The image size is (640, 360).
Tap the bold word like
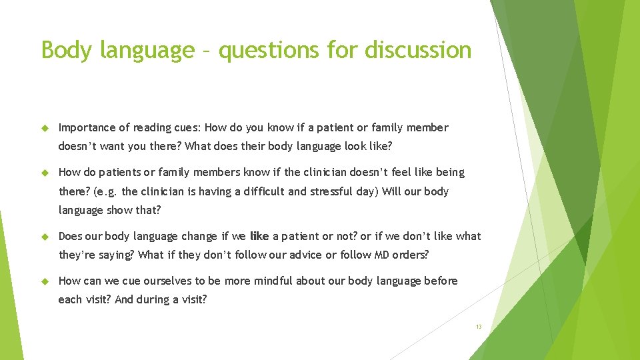(x=259, y=236)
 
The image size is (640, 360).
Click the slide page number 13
(x=479, y=327)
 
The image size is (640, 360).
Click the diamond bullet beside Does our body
(x=46, y=237)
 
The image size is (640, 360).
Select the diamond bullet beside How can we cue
(x=46, y=281)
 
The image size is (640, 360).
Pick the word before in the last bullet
(x=441, y=281)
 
